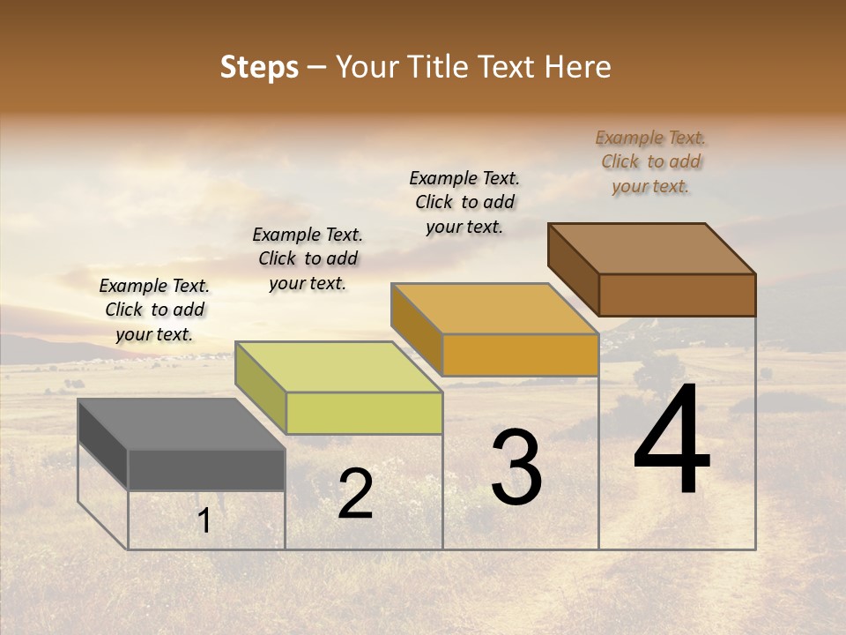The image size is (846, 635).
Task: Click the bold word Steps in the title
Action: click(x=259, y=67)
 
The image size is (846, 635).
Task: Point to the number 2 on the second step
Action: click(x=355, y=494)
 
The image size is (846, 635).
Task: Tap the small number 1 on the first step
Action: click(x=204, y=521)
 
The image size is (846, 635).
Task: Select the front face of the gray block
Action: click(x=206, y=469)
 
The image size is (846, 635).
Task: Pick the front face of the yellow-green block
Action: click(x=364, y=413)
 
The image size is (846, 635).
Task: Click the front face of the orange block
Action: click(x=520, y=355)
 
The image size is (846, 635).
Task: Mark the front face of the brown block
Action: click(x=677, y=295)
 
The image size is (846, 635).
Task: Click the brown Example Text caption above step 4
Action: click(x=650, y=162)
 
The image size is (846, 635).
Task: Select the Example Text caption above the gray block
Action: click(x=154, y=310)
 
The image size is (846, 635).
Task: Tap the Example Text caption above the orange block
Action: click(x=464, y=203)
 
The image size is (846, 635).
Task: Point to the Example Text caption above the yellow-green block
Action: click(x=308, y=259)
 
